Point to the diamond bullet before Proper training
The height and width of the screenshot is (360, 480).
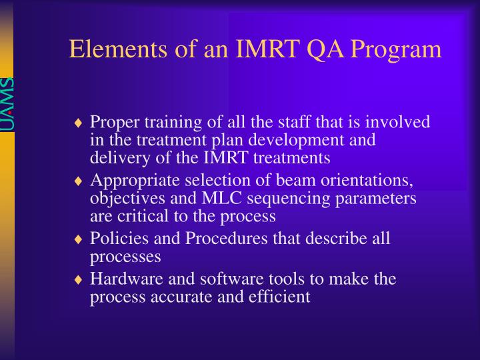pyautogui.click(x=79, y=123)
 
